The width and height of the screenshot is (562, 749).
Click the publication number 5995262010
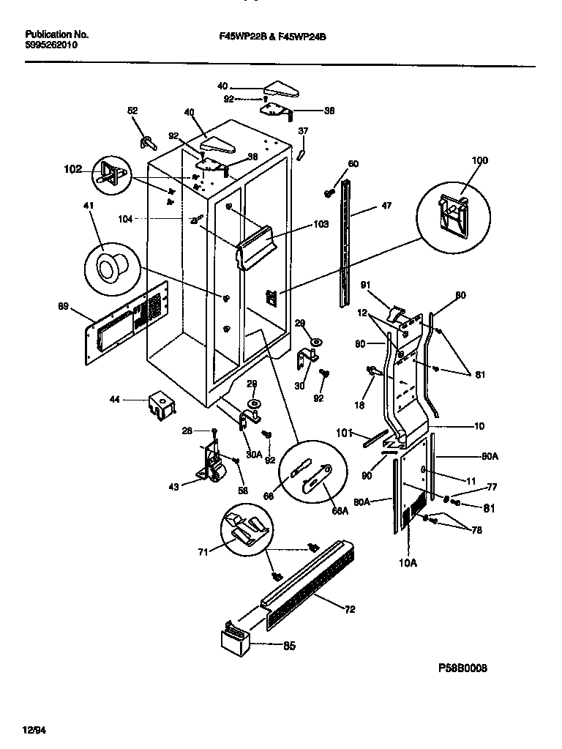tap(51, 45)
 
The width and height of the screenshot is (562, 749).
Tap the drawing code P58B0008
tap(462, 668)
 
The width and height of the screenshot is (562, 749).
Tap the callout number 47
tap(386, 206)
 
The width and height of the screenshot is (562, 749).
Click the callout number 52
tap(132, 111)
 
